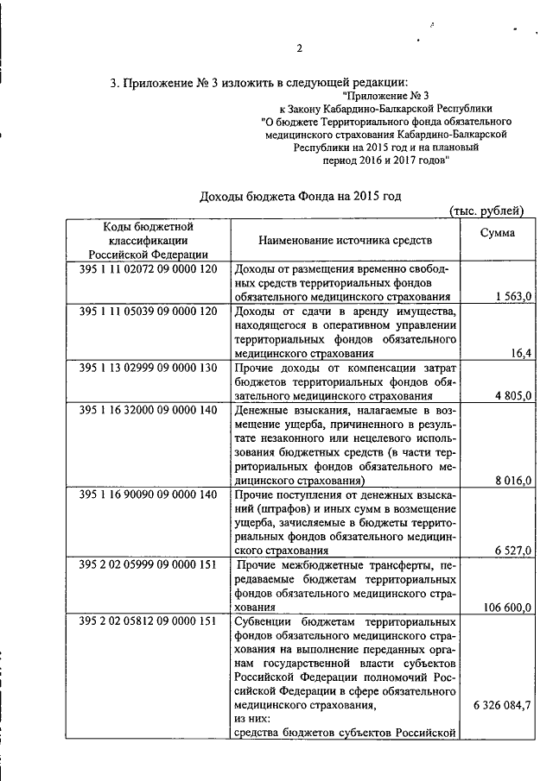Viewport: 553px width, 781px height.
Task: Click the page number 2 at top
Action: click(x=300, y=48)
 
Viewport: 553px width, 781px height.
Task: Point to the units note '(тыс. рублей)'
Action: click(x=487, y=210)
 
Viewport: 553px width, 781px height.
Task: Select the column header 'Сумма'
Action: click(x=499, y=232)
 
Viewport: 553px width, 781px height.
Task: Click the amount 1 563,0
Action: click(x=513, y=296)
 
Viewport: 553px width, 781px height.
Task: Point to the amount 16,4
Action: click(x=521, y=353)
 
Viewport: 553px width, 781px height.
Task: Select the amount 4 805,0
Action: click(x=513, y=395)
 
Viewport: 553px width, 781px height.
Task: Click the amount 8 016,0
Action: click(x=513, y=480)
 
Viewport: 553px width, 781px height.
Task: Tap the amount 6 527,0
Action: click(x=513, y=550)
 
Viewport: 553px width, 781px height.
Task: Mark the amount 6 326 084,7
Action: click(x=502, y=705)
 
